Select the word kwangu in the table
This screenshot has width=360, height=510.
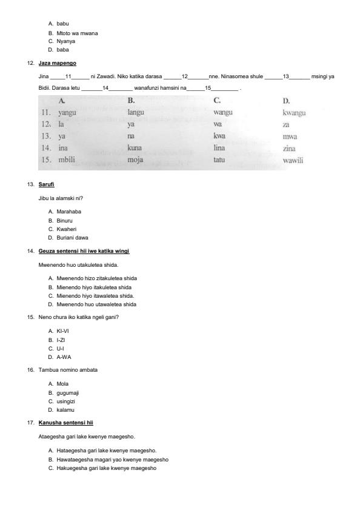point(294,113)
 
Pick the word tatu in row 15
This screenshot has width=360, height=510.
point(219,160)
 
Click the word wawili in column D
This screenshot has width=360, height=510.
point(293,161)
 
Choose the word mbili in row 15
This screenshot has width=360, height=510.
point(66,160)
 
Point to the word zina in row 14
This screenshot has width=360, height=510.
point(290,149)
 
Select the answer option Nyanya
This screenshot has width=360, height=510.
point(65,41)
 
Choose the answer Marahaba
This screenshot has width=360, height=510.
point(68,212)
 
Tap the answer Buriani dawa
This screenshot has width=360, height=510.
point(72,238)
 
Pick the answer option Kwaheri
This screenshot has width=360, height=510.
point(67,229)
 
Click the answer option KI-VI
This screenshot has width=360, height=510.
point(63,331)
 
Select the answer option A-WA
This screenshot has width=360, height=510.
point(64,357)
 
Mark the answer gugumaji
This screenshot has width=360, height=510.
point(67,393)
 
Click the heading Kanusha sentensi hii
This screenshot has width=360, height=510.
point(65,422)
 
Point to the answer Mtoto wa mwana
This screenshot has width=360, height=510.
point(77,33)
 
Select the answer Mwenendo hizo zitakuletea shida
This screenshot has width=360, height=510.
point(96,278)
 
